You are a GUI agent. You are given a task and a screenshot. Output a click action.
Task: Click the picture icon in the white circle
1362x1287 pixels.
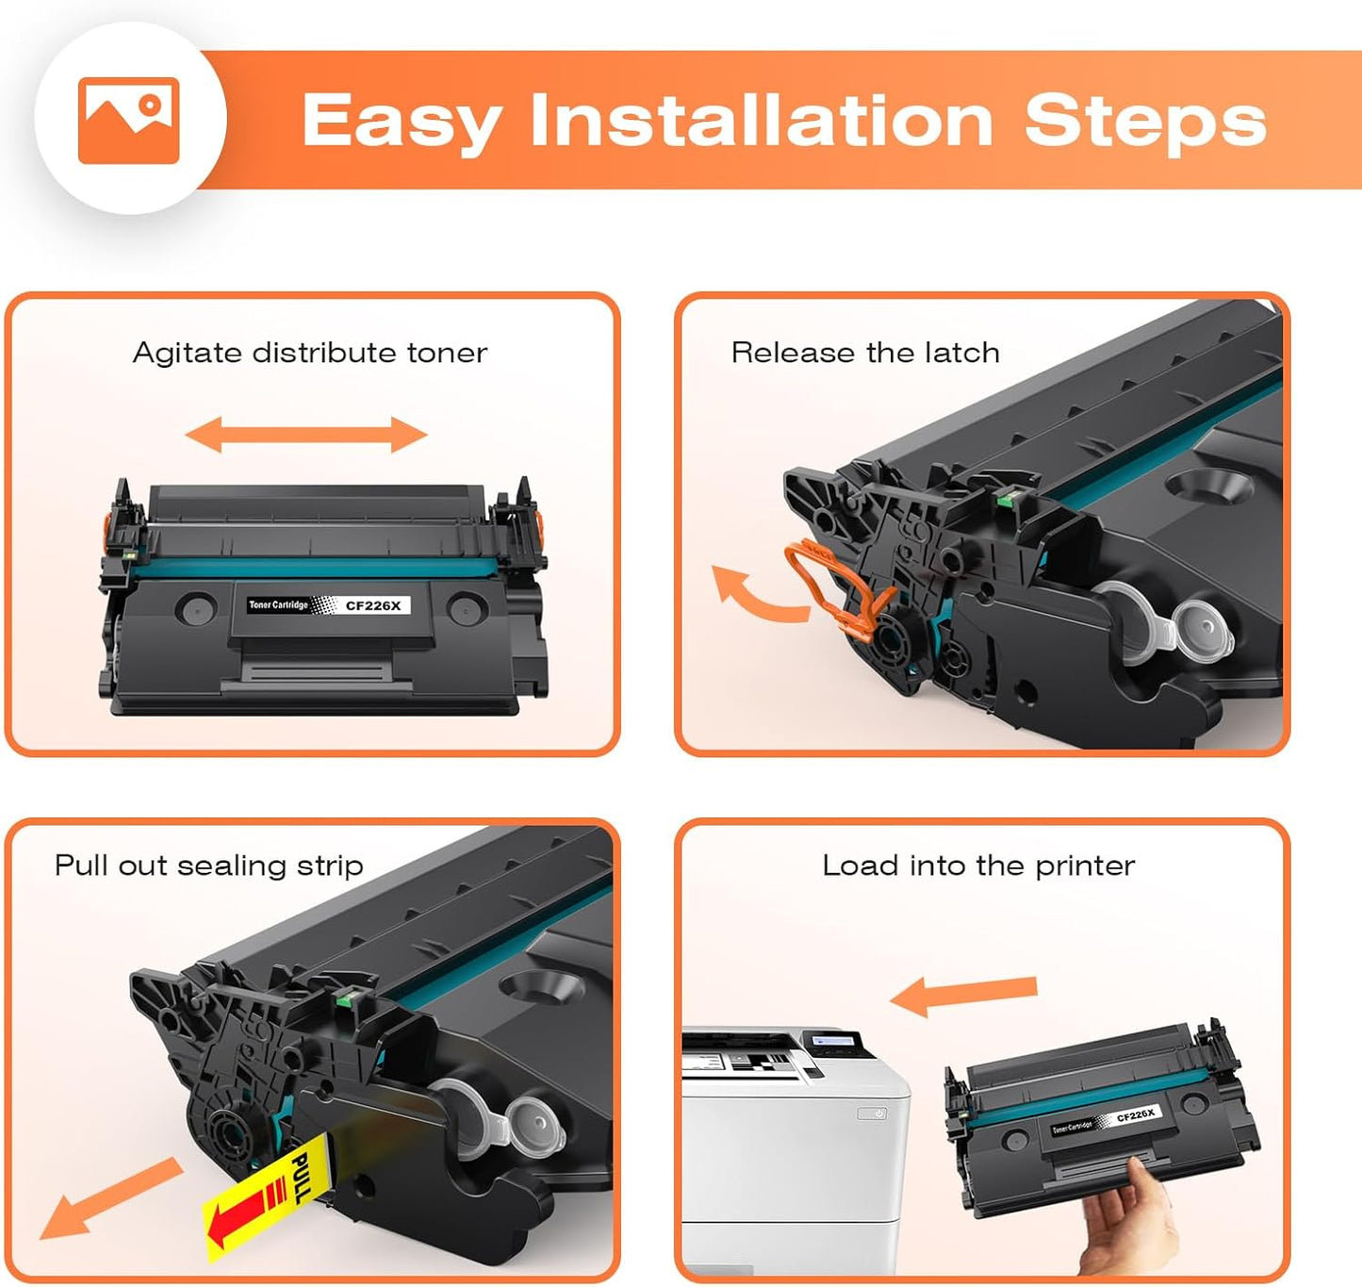coord(129,121)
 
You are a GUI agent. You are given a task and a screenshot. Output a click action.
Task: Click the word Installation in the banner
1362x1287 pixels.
coord(762,121)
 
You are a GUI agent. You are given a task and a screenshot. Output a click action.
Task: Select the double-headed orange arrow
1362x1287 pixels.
coord(306,435)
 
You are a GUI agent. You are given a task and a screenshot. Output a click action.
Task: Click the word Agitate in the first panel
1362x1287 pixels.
coord(187,353)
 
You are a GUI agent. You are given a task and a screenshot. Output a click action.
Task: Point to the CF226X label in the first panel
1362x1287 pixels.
coord(373,605)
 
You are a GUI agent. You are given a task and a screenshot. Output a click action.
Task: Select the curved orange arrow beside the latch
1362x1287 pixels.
coord(754,595)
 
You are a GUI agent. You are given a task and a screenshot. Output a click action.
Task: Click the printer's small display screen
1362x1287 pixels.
coord(834,1040)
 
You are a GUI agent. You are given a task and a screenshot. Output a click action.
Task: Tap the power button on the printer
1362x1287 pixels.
coord(878,1114)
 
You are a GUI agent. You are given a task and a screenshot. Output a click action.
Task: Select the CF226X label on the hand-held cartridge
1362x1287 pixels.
coord(1135,1114)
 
